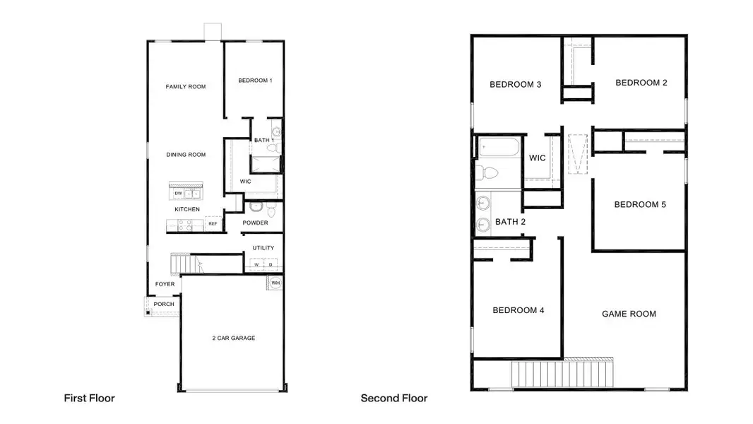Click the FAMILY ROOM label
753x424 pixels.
tap(186, 87)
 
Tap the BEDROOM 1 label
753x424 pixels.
tap(255, 81)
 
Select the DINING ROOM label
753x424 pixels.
tap(186, 155)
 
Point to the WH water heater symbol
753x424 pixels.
tap(275, 283)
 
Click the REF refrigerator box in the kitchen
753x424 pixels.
tap(212, 224)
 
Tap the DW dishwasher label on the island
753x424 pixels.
tap(179, 193)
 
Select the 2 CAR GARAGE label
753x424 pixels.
tap(234, 338)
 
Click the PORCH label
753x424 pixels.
tap(164, 304)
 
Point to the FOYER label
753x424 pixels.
tap(165, 284)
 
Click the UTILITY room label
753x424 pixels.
tap(263, 248)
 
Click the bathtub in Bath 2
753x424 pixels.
tap(498, 149)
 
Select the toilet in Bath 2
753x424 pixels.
tap(489, 172)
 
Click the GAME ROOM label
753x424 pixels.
tap(629, 314)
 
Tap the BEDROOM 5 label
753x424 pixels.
tap(640, 204)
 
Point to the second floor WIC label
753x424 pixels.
tap(538, 158)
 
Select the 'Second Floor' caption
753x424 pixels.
tap(394, 398)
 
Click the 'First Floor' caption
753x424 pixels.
tap(89, 398)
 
